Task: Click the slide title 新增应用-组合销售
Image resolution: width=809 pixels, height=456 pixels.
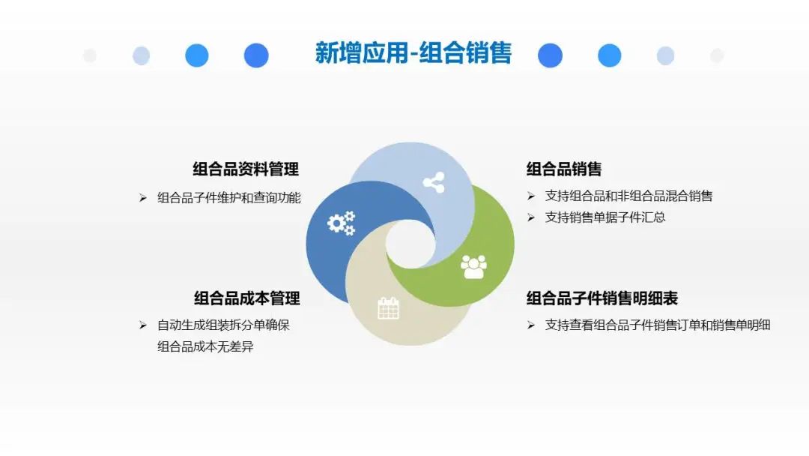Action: (x=413, y=53)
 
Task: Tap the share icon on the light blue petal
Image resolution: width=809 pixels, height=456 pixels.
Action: (x=434, y=182)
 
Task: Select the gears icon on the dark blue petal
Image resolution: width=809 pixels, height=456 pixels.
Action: (x=342, y=223)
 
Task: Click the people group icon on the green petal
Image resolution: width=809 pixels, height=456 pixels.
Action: (x=473, y=266)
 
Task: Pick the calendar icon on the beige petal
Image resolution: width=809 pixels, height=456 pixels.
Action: (x=389, y=308)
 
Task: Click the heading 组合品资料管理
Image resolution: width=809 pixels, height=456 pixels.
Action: (x=246, y=169)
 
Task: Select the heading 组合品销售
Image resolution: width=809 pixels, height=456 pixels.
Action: (x=564, y=169)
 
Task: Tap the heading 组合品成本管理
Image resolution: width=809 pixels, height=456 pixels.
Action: (x=246, y=298)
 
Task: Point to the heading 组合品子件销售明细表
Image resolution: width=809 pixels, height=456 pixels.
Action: (x=602, y=298)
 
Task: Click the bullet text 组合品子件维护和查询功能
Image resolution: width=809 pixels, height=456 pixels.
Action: (x=229, y=198)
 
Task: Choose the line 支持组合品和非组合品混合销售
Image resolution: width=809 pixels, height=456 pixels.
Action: (x=629, y=196)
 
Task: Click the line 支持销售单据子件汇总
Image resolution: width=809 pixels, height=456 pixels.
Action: (x=605, y=217)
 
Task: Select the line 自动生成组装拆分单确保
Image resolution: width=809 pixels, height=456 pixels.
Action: (x=223, y=325)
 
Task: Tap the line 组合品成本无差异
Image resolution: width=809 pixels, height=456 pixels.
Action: (x=205, y=346)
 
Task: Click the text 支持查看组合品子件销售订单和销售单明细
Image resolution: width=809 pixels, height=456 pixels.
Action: (x=658, y=325)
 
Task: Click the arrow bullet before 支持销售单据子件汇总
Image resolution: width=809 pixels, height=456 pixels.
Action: (x=531, y=217)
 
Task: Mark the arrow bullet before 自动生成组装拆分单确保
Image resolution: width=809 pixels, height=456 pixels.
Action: (x=143, y=325)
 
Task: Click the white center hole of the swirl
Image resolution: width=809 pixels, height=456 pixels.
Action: (x=410, y=244)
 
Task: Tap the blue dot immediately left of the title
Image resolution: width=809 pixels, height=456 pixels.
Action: (x=256, y=55)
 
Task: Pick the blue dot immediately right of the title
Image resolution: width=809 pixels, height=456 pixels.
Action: (x=550, y=55)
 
